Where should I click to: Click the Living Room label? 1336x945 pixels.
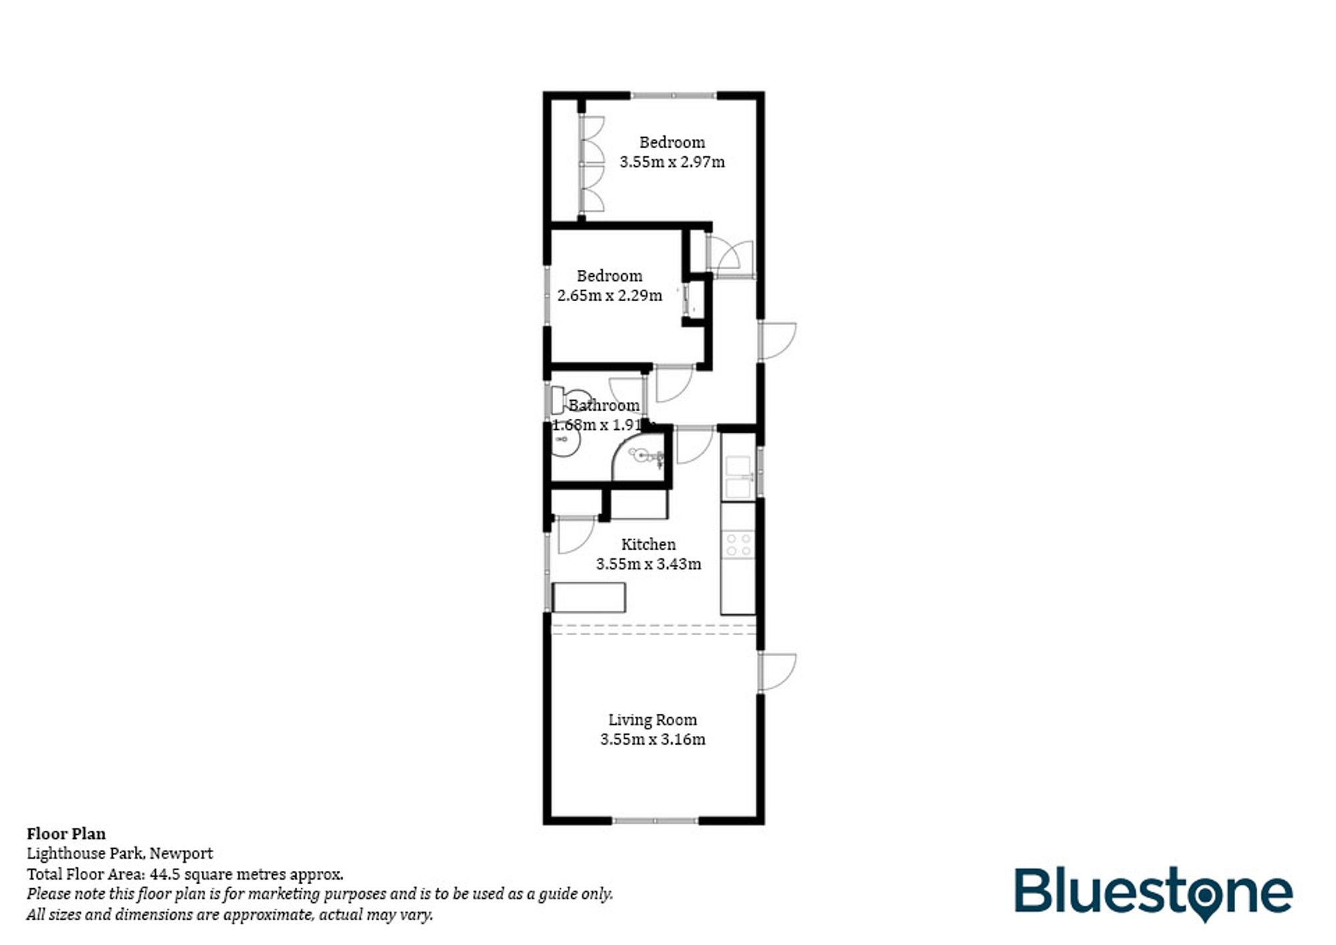652,720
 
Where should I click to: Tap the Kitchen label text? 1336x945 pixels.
648,544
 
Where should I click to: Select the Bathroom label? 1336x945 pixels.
603,405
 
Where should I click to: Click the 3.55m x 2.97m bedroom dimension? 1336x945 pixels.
672,162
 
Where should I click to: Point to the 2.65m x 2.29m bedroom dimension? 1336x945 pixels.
609,295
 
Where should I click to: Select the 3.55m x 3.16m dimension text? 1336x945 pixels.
652,739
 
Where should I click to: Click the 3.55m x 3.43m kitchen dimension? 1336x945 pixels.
648,564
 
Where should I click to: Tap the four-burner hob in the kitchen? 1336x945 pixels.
739,544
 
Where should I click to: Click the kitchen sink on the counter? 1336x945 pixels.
738,477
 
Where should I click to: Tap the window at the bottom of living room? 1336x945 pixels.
655,820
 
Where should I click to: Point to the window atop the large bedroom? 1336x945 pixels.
673,96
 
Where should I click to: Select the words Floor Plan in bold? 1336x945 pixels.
66,833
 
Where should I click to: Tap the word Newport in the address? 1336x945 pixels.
181,854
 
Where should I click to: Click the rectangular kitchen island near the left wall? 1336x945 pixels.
589,597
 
